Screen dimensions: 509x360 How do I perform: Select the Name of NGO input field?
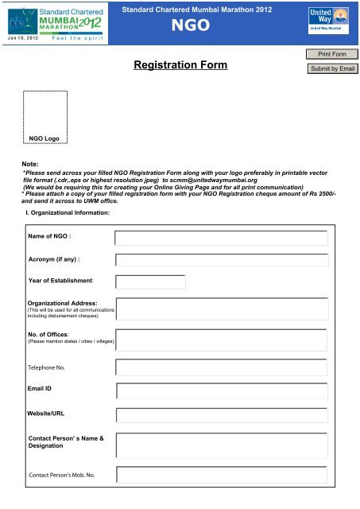[x=221, y=238]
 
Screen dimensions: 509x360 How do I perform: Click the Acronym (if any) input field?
[x=221, y=260]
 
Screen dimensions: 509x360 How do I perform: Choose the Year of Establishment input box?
[x=150, y=282]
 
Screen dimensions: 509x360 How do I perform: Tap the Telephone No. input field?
[x=221, y=367]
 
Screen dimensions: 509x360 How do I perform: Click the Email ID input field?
[x=221, y=390]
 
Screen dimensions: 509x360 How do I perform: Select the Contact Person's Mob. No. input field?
[x=221, y=475]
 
